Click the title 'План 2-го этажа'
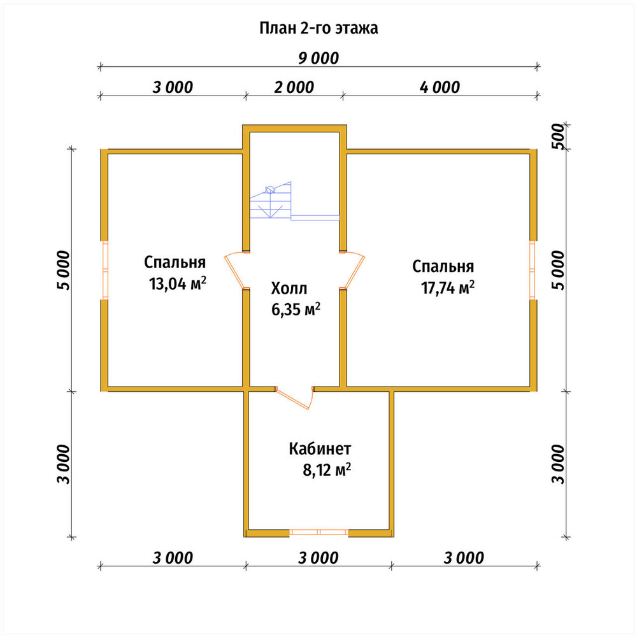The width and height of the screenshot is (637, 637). (x=318, y=29)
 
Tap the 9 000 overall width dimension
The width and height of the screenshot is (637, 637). (x=318, y=58)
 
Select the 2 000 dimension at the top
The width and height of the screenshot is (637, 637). (x=294, y=87)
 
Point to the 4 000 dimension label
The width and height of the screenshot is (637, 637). (x=440, y=87)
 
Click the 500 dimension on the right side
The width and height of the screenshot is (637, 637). (x=559, y=136)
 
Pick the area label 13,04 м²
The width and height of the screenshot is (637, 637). (x=178, y=283)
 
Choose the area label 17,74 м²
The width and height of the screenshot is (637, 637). (x=448, y=288)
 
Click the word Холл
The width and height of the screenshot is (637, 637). (x=289, y=289)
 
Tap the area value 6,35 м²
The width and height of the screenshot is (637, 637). (x=296, y=310)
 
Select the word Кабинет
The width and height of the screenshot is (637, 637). (x=320, y=449)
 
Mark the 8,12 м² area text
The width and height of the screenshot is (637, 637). (x=327, y=470)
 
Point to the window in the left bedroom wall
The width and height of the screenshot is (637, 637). (x=105, y=270)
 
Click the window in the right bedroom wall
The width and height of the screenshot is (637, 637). (x=532, y=270)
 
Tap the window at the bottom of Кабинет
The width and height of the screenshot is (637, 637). (x=319, y=532)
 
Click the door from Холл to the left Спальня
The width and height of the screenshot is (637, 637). (x=235, y=270)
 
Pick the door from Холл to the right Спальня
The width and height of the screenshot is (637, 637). (x=354, y=270)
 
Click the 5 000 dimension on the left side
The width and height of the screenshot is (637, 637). (x=64, y=270)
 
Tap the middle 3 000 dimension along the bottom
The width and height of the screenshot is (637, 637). (x=318, y=558)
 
